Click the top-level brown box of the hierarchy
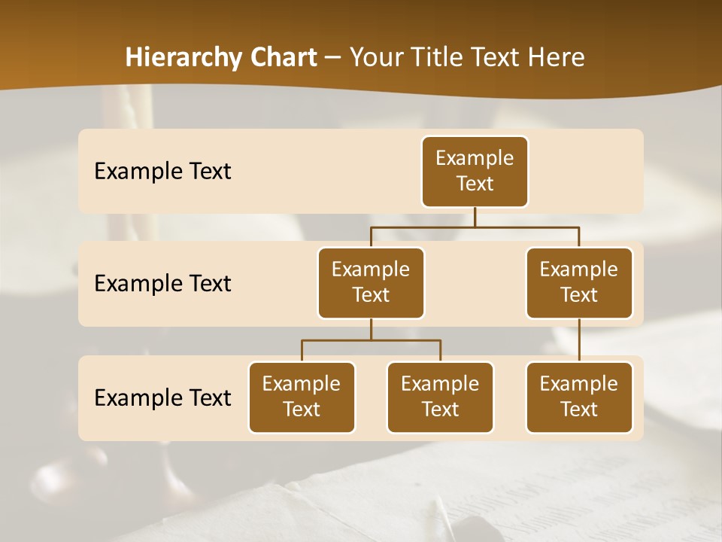pos(475,171)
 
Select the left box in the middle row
pos(371,282)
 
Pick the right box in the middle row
pos(579,282)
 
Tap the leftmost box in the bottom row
pos(302,397)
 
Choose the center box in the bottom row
pos(440,397)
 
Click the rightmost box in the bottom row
pos(579,397)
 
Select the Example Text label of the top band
pos(162,172)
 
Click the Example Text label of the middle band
pos(162,284)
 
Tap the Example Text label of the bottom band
pos(162,398)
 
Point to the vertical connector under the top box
pos(475,217)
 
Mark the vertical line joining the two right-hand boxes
pos(579,340)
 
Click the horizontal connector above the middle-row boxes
pos(475,227)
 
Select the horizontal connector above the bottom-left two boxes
pos(371,340)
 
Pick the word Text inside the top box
pos(475,184)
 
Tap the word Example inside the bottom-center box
pos(440,384)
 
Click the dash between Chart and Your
pos(333,58)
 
